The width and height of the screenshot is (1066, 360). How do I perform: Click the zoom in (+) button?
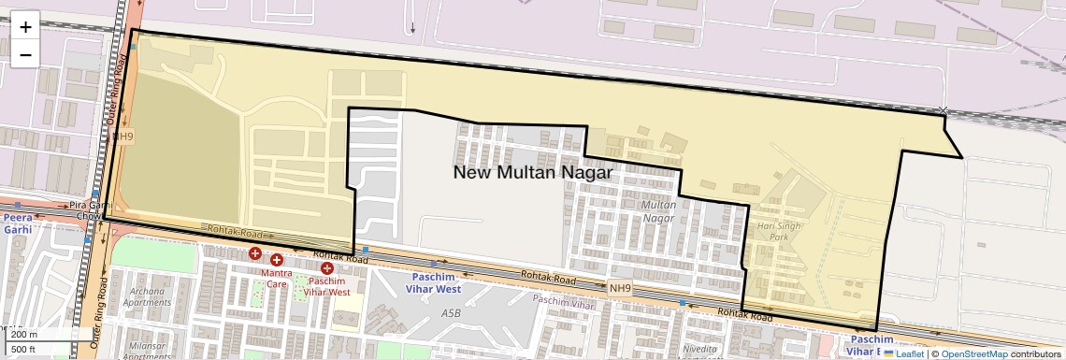[x=25, y=26]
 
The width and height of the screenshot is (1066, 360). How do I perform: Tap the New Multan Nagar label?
[x=532, y=173]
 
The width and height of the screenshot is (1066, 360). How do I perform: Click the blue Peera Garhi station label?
[x=17, y=223]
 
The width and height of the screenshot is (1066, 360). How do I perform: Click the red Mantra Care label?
[x=277, y=279]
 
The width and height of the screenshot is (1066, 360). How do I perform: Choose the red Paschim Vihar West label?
[x=328, y=286]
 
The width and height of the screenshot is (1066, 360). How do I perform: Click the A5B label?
[x=452, y=314]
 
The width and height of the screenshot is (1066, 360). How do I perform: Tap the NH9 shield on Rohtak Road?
[x=620, y=289]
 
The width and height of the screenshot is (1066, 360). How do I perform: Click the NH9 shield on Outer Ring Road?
[x=122, y=137]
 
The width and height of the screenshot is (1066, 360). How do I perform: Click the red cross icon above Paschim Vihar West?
[x=326, y=269]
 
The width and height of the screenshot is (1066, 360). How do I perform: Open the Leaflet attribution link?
[x=903, y=353]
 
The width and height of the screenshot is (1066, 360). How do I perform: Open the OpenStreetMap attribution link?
[x=973, y=353]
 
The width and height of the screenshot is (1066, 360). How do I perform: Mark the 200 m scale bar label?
[x=24, y=335]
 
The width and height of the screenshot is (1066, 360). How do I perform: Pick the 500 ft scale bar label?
[x=24, y=351]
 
